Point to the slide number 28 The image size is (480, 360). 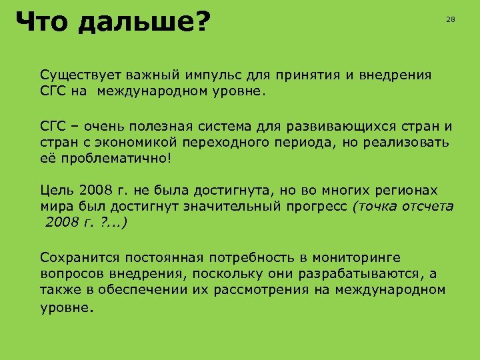click(x=450, y=20)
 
